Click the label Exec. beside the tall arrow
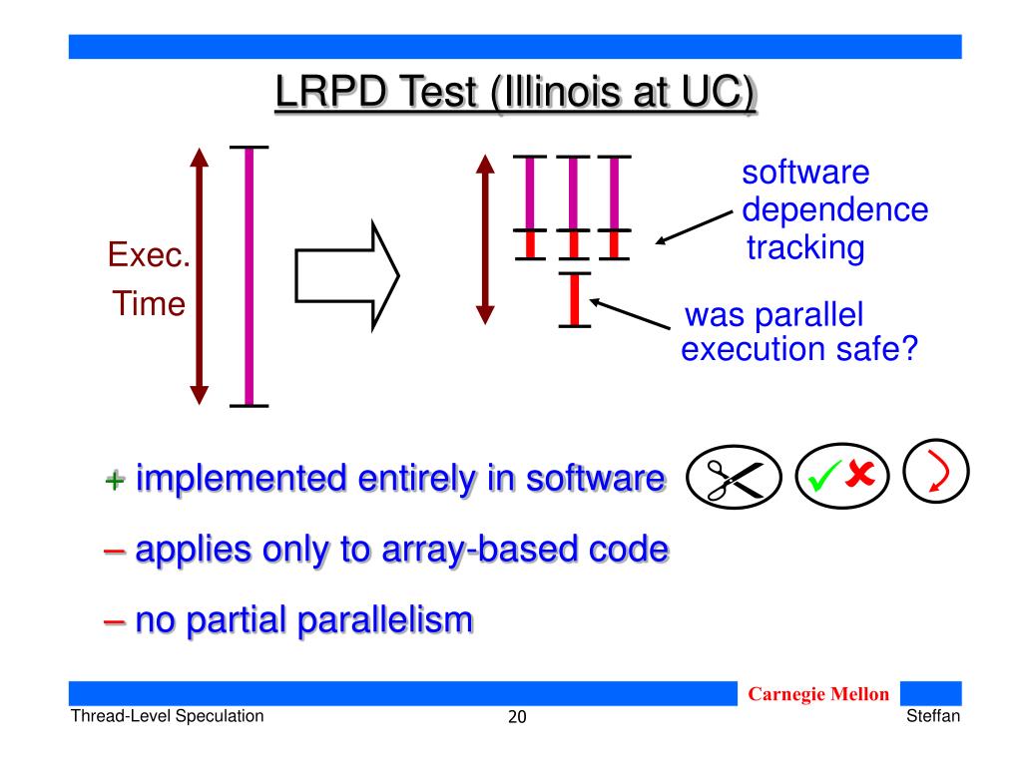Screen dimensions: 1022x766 (149, 254)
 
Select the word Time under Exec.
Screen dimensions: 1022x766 (149, 303)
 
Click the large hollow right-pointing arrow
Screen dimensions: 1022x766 (346, 276)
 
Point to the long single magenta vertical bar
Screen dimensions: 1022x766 (249, 277)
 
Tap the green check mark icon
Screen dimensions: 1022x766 (823, 476)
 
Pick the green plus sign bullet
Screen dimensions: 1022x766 (115, 481)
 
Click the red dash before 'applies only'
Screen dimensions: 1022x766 (114, 551)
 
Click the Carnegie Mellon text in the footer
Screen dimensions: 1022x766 (818, 694)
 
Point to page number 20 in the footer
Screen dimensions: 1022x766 (517, 717)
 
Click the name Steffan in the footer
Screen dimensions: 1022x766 (933, 716)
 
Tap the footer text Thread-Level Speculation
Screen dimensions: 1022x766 (168, 716)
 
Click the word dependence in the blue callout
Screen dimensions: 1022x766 (835, 209)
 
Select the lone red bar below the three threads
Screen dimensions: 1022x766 (574, 299)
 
